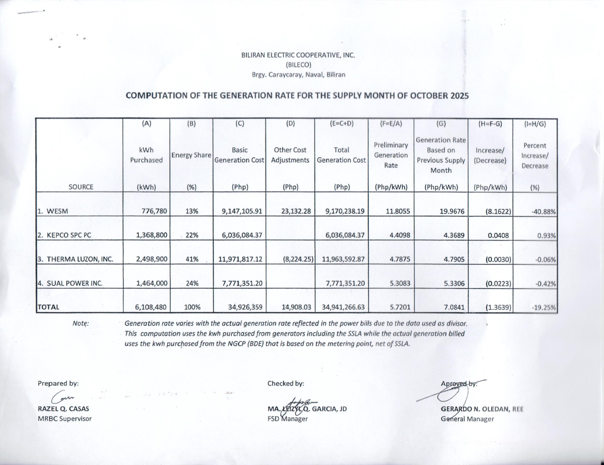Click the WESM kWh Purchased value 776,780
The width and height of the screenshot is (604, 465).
pos(154,211)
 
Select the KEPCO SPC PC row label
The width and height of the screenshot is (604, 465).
pos(64,235)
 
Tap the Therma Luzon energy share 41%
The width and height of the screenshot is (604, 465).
pos(192,259)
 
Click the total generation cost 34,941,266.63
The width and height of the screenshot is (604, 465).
pos(343,307)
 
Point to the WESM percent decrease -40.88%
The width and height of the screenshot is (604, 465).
pos(543,212)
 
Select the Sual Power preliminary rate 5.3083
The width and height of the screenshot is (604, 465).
pos(400,283)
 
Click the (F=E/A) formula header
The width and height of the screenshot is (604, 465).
pos(391,124)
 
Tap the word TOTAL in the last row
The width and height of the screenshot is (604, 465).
pos(48,307)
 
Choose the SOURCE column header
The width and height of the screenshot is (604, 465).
pos(81,187)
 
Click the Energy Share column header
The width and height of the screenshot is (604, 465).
pos(191,155)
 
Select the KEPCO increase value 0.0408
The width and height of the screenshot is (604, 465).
pos(498,236)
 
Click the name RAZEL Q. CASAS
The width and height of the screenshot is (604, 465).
pos(63,409)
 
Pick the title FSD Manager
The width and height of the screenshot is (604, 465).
pos(287,419)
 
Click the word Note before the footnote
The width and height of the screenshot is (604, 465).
pos(80,323)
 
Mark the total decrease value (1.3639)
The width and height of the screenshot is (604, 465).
pos(498,307)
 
